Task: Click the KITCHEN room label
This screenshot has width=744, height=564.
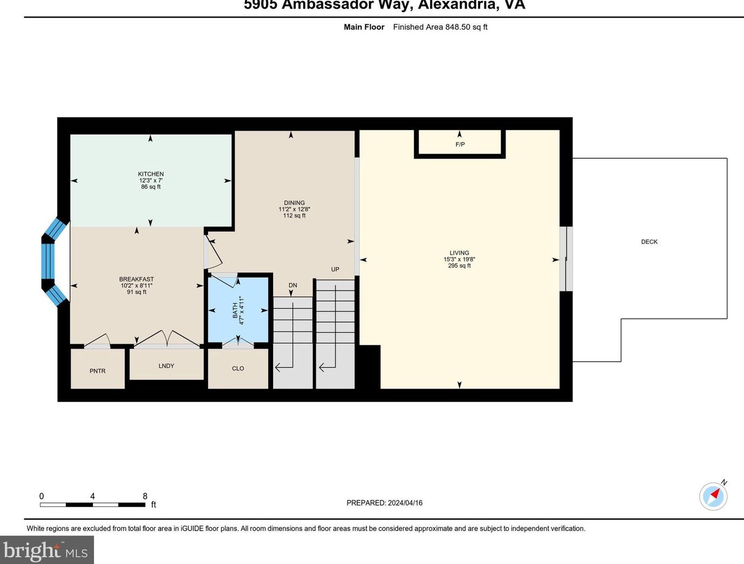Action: click(x=151, y=174)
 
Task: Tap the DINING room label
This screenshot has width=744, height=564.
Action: click(x=294, y=203)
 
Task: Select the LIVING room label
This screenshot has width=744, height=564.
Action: click(x=459, y=253)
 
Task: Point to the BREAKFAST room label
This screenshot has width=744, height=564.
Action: click(x=136, y=279)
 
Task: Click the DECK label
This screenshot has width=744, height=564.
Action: click(x=649, y=242)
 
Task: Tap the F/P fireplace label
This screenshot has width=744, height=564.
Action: click(x=460, y=145)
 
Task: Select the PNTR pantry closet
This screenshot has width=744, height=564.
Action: click(x=98, y=370)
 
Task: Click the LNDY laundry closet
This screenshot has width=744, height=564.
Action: click(x=166, y=365)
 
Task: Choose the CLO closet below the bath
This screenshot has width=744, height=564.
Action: click(x=238, y=368)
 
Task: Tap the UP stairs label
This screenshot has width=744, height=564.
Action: click(x=335, y=269)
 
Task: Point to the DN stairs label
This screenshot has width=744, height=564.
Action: click(x=292, y=286)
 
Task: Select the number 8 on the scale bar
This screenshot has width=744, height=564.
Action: click(x=145, y=496)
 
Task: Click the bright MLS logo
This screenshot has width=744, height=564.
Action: click(x=46, y=551)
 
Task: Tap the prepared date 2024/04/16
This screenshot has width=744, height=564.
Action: click(x=405, y=502)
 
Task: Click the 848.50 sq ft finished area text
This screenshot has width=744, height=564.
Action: click(x=466, y=27)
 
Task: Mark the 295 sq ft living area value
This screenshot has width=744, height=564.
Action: click(x=459, y=266)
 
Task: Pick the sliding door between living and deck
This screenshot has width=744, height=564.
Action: click(x=566, y=259)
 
